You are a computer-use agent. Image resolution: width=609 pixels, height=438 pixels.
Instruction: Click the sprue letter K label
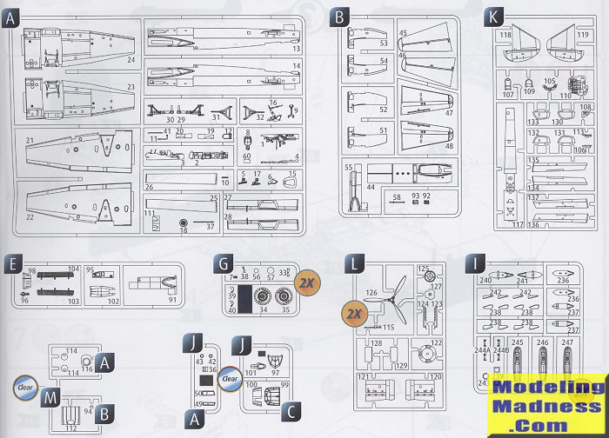(494, 17)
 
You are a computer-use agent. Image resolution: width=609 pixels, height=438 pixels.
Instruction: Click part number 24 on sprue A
(131, 60)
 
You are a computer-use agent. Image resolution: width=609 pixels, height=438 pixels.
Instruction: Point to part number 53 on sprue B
(384, 43)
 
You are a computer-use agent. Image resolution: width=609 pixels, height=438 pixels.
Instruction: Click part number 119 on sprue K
(581, 36)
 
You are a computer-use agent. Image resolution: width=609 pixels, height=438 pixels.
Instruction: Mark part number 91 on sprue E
(172, 300)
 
